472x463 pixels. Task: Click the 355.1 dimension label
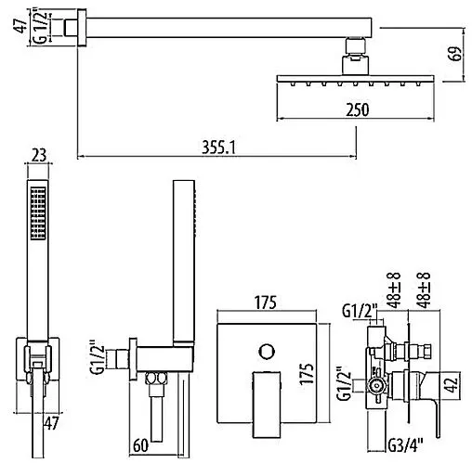(218, 148)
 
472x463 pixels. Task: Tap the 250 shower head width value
(358, 109)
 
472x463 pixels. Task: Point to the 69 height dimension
(455, 54)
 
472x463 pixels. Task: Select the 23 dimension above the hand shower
(39, 155)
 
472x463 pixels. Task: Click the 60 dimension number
(140, 445)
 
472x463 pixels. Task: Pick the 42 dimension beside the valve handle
(452, 384)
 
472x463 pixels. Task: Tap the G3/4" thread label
(405, 445)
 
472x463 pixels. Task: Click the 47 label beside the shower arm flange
(20, 26)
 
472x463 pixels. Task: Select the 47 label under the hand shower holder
(51, 423)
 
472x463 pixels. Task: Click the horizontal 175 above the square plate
(266, 302)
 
